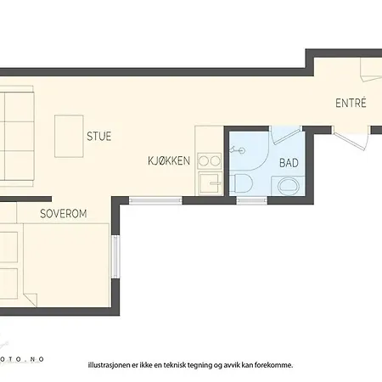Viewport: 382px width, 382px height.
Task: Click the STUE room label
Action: [98, 136]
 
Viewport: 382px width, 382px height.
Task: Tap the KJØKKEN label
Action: [169, 160]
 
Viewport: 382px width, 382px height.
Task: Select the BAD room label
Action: [289, 163]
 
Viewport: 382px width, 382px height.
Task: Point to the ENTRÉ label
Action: [351, 103]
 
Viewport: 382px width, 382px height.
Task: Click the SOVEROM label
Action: [64, 214]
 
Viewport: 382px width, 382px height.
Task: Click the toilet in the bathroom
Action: [240, 183]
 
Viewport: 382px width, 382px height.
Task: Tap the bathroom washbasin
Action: [289, 186]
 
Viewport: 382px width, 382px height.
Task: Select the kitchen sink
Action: [210, 183]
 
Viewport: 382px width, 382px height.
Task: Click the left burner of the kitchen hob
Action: [203, 161]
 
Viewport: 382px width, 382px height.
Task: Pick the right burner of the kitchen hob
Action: [216, 161]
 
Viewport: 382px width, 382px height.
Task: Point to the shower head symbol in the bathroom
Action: [238, 150]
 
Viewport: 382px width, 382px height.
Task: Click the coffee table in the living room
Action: [69, 136]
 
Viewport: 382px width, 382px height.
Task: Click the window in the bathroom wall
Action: [252, 200]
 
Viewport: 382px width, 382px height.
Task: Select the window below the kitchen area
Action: [155, 200]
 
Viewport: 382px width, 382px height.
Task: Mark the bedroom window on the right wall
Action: [115, 257]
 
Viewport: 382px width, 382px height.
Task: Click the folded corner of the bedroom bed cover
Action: [31, 300]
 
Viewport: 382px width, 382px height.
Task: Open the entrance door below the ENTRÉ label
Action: [351, 138]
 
